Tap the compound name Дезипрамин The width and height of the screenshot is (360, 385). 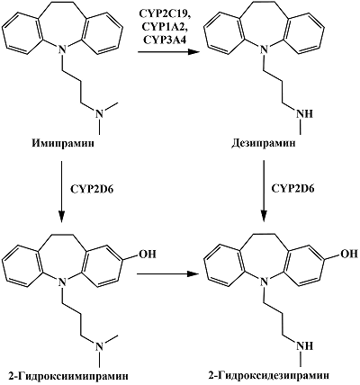tap(264, 143)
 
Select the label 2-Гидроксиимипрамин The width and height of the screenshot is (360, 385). tap(67, 376)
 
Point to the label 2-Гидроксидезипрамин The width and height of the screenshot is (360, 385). tap(269, 376)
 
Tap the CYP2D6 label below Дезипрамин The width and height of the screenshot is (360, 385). tap(292, 189)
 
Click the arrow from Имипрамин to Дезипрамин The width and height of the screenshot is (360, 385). tap(168, 52)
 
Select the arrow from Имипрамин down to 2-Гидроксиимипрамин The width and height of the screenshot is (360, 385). tap(61, 192)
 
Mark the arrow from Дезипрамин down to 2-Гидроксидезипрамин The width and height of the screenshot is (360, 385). tap(264, 192)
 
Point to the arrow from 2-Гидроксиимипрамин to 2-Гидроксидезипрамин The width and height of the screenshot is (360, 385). tap(168, 273)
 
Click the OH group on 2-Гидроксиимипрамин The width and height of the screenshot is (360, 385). tap(147, 255)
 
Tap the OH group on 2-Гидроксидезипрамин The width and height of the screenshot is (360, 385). tap(348, 255)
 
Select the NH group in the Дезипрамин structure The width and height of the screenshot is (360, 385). tap(304, 114)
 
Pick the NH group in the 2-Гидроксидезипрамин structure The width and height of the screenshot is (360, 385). tap(304, 345)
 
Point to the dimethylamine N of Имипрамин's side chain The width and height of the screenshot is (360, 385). tap(99, 114)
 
